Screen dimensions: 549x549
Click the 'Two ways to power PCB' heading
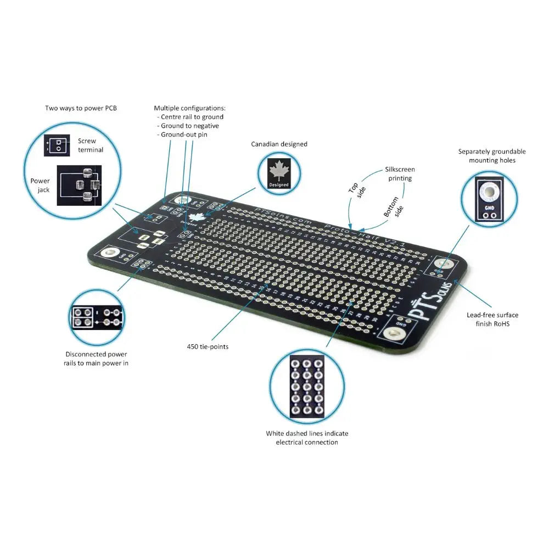[x=81, y=108]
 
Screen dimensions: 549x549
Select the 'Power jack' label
[x=40, y=185]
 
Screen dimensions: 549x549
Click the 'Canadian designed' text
[x=279, y=144]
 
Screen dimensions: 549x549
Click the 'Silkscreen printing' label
[x=399, y=174]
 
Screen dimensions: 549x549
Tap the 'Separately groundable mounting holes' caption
[x=492, y=156]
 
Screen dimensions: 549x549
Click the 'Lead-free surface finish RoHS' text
[x=492, y=320]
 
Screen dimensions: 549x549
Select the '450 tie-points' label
[x=208, y=346]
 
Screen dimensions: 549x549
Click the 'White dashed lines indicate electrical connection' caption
[x=307, y=438]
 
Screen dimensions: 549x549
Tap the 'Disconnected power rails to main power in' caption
[x=96, y=358]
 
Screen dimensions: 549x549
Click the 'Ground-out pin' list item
[x=184, y=135]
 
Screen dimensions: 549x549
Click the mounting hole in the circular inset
[x=488, y=192]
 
